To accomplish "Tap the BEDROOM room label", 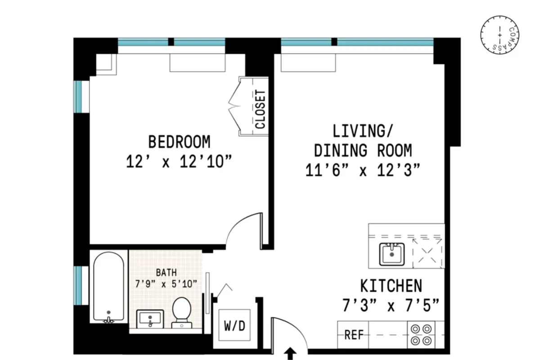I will pos(179,142).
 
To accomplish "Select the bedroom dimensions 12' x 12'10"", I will pos(179,162).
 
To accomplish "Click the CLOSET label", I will pos(261,110).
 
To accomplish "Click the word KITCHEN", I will pos(391,286).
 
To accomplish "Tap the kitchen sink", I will pos(391,255).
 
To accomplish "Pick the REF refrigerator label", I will pos(354,336).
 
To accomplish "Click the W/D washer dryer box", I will pos(235,325).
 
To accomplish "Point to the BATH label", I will pos(166,272).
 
